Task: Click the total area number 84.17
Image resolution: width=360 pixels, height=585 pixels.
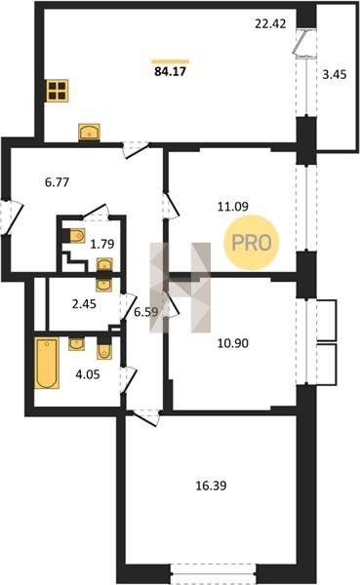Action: click(170, 71)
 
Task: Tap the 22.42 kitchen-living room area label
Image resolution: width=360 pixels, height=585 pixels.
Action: click(270, 23)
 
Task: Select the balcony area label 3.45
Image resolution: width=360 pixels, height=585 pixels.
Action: click(335, 75)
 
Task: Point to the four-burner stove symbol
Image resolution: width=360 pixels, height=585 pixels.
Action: click(58, 91)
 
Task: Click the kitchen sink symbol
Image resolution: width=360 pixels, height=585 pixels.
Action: click(89, 132)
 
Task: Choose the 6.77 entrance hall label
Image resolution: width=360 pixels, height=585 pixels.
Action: click(57, 182)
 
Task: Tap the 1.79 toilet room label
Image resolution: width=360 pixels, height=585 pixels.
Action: click(102, 244)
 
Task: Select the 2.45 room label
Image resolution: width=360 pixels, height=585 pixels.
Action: click(84, 304)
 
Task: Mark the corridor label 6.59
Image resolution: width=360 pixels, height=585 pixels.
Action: click(146, 312)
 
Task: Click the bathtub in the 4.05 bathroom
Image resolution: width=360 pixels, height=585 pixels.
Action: click(47, 363)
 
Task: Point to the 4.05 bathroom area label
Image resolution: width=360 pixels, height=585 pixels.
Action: click(88, 374)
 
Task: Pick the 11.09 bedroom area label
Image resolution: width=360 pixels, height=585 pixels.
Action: click(233, 207)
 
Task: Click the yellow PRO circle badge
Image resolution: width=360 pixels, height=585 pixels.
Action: click(252, 243)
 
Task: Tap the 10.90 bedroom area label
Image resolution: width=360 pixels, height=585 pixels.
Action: click(233, 343)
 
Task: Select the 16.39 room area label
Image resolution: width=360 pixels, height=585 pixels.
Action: click(212, 486)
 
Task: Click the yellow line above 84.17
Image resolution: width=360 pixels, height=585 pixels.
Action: click(171, 61)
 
